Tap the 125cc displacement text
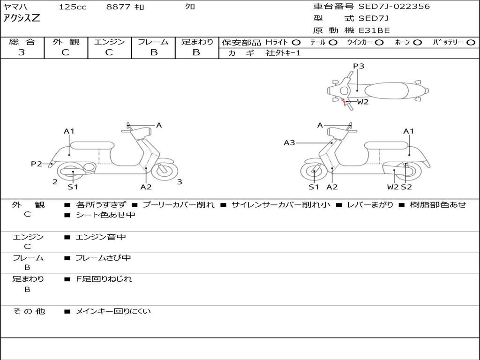point(72,7)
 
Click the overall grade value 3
point(22,52)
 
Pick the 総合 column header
point(22,42)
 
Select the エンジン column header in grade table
point(109,42)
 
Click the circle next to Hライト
point(296,42)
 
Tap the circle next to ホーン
point(418,42)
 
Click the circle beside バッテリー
point(471,42)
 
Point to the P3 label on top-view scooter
point(358,66)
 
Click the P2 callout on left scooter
point(37,164)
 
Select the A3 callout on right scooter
point(289,142)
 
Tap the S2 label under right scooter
point(406,187)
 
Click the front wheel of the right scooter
point(314,172)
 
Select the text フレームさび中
point(103,258)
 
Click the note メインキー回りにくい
point(113,311)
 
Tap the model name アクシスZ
point(22,18)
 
